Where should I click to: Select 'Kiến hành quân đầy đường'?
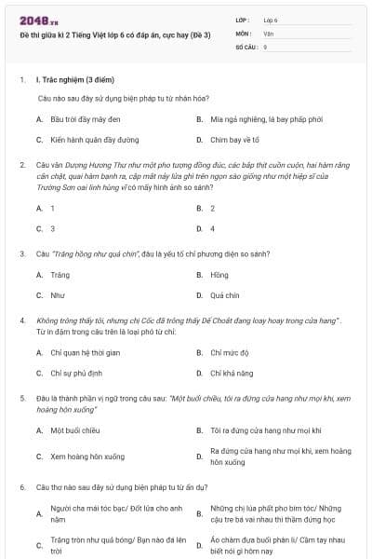(94, 140)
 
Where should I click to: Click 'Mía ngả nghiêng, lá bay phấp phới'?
(266, 119)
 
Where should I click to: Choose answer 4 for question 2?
(212, 228)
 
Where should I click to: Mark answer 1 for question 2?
(52, 208)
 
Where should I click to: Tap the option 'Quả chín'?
(224, 295)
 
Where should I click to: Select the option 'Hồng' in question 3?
(219, 275)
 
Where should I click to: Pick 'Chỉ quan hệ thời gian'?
(86, 352)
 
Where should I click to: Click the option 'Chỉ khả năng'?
(231, 373)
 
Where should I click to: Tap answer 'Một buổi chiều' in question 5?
(74, 430)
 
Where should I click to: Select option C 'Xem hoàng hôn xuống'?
(87, 457)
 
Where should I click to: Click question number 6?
(21, 487)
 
